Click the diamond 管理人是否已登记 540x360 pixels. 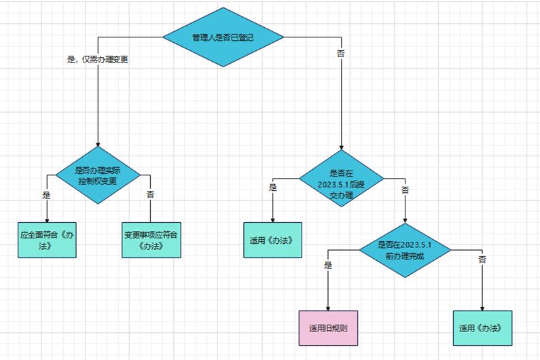coord(223,37)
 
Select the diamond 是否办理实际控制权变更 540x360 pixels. coord(98,176)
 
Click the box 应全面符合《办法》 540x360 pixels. coord(48,240)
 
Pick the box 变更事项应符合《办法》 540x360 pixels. coord(152,240)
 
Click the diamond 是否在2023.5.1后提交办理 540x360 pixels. coord(341,179)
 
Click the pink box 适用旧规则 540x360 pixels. coord(328,328)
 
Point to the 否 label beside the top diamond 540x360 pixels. coord(341,52)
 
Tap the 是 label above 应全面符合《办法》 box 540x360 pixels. coord(47,194)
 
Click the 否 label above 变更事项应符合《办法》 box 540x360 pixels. coord(151,194)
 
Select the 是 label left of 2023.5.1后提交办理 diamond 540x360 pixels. coord(273,187)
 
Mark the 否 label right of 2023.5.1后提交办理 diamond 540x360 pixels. coord(406,190)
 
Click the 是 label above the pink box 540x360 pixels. coord(328,266)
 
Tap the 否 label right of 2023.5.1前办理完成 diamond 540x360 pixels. coord(482,259)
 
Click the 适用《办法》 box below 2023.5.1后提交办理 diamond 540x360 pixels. coord(272,240)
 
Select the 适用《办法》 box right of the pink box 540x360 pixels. coord(482,328)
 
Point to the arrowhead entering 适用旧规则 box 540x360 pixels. coord(328,307)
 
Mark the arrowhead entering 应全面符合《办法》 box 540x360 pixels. coord(48,219)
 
